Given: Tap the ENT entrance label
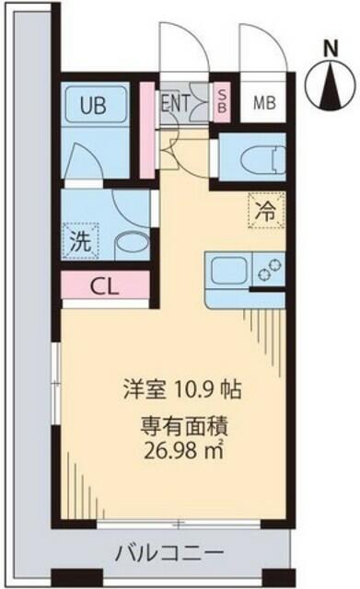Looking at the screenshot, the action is tap(176, 102).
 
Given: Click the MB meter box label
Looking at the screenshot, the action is tap(264, 102).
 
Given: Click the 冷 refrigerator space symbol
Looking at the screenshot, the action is tap(266, 210).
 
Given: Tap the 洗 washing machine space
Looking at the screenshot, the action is tap(81, 240).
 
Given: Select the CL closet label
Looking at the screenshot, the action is tap(105, 287).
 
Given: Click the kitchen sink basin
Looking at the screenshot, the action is tap(229, 270).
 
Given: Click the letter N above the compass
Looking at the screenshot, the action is tap(331, 48).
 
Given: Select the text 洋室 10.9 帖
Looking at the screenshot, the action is tap(182, 390).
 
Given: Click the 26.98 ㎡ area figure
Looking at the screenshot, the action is tap(184, 451).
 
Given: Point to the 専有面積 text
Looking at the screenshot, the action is tap(184, 427).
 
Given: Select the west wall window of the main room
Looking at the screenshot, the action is tap(56, 384).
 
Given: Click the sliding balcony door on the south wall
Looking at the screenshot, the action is tap(179, 523).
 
